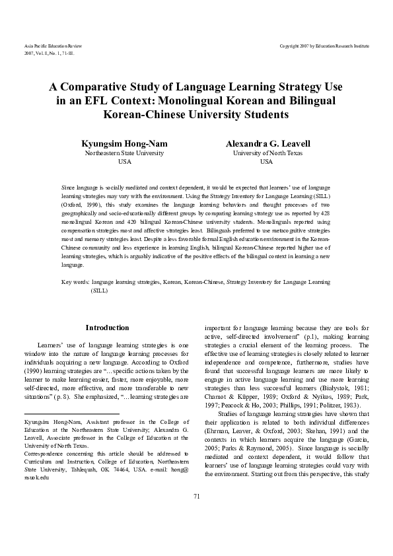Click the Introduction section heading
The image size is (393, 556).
coord(108,328)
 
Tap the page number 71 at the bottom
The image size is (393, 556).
coord(196,514)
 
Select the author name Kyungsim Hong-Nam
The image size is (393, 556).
coord(124,143)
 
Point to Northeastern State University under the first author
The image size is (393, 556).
coord(124,153)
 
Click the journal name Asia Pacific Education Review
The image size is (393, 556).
coord(52,46)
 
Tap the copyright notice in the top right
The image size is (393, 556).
coord(324,46)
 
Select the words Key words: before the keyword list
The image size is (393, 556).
coord(75,282)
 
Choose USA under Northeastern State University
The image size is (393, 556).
coord(124,161)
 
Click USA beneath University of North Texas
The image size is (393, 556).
coord(266,161)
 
